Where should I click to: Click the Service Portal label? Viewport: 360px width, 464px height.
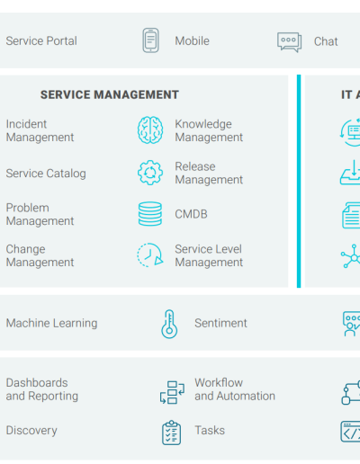(41, 41)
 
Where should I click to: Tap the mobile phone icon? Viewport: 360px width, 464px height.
(150, 40)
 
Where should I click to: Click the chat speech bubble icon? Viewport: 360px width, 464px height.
(289, 42)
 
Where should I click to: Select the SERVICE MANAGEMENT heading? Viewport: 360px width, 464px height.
(110, 94)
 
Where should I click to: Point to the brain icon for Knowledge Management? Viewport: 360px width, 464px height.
(150, 130)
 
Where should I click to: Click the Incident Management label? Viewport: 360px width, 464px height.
(40, 130)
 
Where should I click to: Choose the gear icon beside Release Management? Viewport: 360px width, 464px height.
(150, 173)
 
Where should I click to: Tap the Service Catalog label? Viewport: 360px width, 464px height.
(46, 174)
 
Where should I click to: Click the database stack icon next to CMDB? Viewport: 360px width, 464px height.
(150, 214)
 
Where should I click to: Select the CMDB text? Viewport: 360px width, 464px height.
(191, 214)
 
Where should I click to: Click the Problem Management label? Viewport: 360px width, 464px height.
(40, 214)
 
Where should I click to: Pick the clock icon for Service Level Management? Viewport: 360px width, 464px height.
(150, 255)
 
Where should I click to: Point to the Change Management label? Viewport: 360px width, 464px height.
(40, 255)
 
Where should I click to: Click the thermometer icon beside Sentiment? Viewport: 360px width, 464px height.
(169, 324)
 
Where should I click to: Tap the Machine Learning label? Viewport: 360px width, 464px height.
(51, 323)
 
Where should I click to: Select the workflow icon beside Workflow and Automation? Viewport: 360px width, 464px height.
(172, 392)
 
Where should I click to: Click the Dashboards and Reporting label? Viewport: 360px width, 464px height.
(42, 389)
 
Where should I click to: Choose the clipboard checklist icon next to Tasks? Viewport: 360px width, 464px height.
(171, 433)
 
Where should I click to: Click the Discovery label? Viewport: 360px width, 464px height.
(31, 431)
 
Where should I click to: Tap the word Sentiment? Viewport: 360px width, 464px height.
(220, 323)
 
